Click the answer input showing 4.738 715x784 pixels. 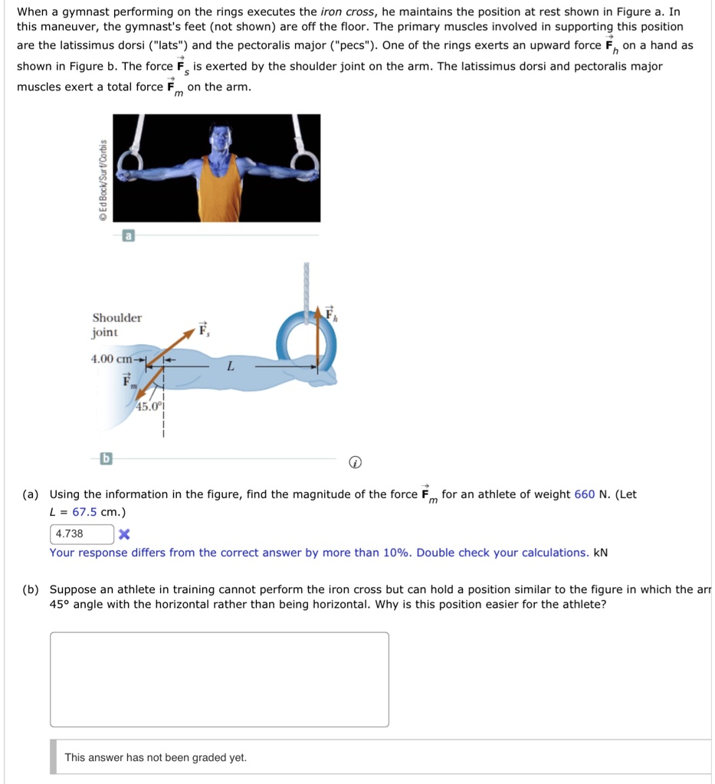(x=82, y=533)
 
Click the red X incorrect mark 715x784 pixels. (x=124, y=534)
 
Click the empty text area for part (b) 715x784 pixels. (x=219, y=679)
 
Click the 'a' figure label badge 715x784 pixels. (x=129, y=237)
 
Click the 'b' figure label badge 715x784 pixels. (x=107, y=458)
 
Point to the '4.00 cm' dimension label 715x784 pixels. (x=112, y=359)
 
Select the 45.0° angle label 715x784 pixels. (x=149, y=407)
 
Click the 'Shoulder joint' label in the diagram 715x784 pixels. (x=116, y=325)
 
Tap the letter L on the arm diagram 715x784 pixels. (x=229, y=367)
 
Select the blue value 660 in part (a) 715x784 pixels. (x=584, y=494)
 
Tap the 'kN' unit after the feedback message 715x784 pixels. (x=600, y=553)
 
